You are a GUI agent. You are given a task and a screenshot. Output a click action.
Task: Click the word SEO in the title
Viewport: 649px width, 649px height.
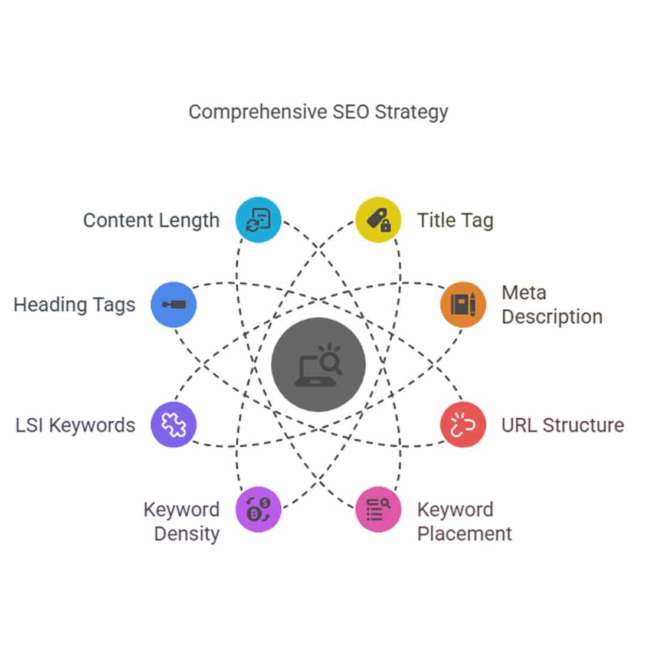(x=351, y=112)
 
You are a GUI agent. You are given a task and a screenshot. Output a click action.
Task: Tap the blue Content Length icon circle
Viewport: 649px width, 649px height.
(x=258, y=220)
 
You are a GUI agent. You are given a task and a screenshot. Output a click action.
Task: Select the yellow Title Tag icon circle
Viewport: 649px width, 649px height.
(x=378, y=220)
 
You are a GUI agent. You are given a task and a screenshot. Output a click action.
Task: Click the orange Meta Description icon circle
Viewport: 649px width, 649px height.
(x=463, y=304)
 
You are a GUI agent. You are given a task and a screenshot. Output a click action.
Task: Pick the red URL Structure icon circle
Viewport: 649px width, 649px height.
(x=463, y=425)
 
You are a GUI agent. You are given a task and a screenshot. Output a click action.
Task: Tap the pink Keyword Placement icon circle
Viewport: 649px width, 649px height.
(x=378, y=510)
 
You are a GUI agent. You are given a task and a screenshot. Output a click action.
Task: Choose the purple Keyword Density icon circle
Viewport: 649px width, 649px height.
(x=258, y=510)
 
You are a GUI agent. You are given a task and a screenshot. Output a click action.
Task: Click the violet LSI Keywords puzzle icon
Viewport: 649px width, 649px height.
(x=173, y=425)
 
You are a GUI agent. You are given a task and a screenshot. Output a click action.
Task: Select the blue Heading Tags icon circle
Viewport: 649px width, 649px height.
(x=173, y=304)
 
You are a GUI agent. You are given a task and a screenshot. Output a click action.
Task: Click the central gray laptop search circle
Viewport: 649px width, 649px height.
(x=318, y=365)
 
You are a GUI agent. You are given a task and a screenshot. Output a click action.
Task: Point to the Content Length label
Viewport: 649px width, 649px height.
(x=151, y=221)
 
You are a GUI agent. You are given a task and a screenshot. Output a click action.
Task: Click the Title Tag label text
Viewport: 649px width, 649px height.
(x=455, y=221)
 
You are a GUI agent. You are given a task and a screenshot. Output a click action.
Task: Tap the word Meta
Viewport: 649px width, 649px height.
(x=524, y=293)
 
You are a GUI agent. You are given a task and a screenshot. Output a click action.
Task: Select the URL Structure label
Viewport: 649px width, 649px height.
(x=563, y=425)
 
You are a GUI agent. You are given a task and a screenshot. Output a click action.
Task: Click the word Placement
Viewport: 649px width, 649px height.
(x=464, y=534)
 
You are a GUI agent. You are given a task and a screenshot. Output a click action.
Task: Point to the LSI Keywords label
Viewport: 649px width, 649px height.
(x=76, y=425)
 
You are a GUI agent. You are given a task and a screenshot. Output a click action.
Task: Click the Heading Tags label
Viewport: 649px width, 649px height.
(x=74, y=306)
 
